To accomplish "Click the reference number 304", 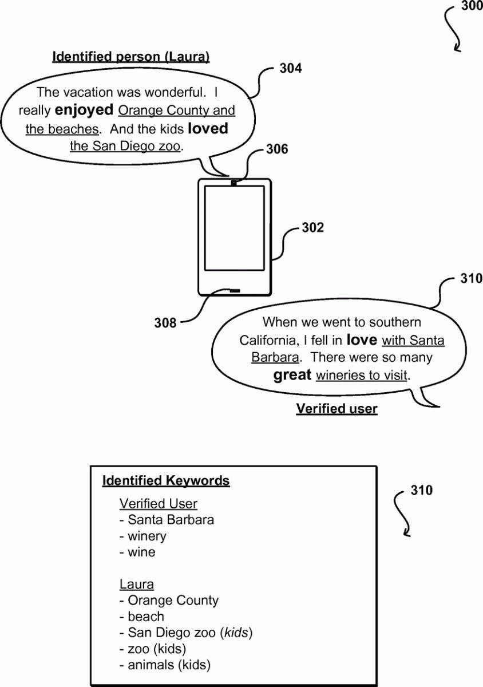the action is pos(290,68).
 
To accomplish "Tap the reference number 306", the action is pos(277,149).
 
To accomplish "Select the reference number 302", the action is pos(313,228).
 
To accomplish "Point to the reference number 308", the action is pos(165,323).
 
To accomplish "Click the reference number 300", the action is pos(472,6).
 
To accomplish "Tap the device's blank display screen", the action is pos(234,228).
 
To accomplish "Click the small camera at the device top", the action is pos(233,183).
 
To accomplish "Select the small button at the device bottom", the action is pos(235,290).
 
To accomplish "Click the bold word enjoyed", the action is pos(84,110).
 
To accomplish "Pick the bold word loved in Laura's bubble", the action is pos(208,128).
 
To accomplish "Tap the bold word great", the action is pos(292,375).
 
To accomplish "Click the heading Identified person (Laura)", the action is pos(131,57).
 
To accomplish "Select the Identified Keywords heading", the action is pos(166,480).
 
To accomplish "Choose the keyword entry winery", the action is pos(143,536).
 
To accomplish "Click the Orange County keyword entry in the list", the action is pos(169,600).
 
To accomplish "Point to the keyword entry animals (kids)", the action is pos(165,665).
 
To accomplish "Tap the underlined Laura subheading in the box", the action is pos(136,584).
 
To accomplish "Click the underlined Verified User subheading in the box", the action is pos(159,504).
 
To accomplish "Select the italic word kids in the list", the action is pos(236,633).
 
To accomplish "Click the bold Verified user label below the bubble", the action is pos(336,409).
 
